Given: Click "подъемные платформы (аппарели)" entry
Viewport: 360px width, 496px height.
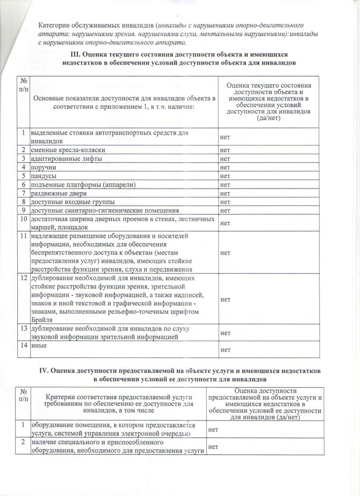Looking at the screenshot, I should click(x=77, y=185).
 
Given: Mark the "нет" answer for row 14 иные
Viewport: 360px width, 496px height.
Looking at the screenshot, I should click(x=226, y=350).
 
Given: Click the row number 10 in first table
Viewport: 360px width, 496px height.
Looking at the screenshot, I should click(x=23, y=219).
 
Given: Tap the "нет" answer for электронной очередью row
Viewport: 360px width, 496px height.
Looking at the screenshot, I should click(x=213, y=430).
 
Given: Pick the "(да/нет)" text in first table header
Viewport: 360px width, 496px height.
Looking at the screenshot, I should click(x=269, y=118).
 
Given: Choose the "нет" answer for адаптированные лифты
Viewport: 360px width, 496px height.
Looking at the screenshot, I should click(x=226, y=159).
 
